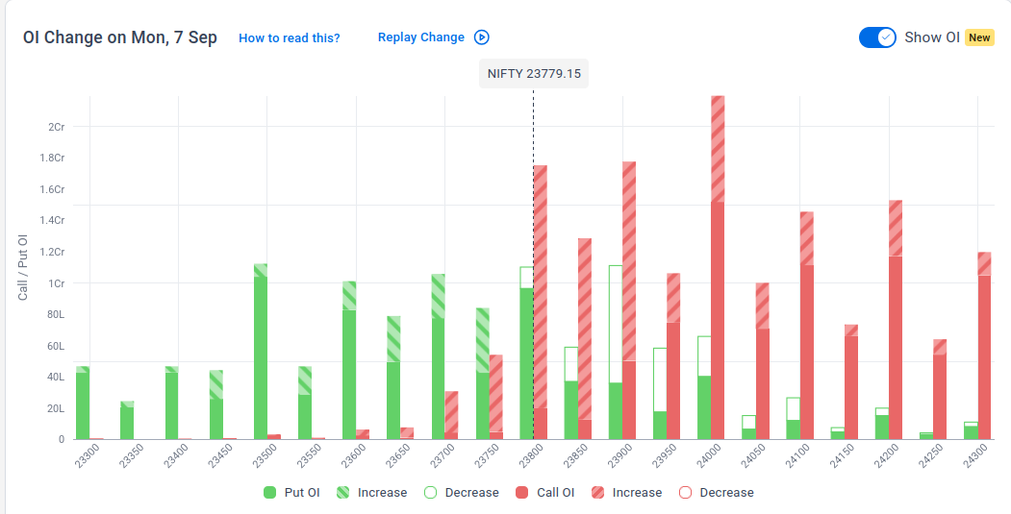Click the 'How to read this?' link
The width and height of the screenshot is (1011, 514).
[x=289, y=38]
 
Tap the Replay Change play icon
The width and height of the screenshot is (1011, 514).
[x=482, y=37]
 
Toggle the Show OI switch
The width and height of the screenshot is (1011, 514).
[x=877, y=37]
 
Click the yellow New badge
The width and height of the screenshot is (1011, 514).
[x=979, y=37]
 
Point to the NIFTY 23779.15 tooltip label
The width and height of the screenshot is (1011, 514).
[x=534, y=73]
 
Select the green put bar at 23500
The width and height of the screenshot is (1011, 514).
[x=261, y=352]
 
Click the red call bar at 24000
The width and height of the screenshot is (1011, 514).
[x=718, y=267]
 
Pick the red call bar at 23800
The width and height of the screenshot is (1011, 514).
[x=541, y=302]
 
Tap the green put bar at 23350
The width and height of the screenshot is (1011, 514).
[x=127, y=421]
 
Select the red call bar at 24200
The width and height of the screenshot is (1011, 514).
[x=896, y=320]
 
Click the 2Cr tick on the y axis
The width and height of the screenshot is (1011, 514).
[x=57, y=126]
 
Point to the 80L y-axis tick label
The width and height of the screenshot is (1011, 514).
[x=56, y=314]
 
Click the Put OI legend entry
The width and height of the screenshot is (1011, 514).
[x=291, y=493]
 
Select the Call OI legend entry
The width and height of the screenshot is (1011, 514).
[x=544, y=493]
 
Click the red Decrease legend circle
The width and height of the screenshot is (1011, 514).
[x=686, y=493]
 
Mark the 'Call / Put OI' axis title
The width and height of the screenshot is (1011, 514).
[x=23, y=267]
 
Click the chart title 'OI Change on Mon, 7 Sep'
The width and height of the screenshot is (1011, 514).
[x=120, y=37]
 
